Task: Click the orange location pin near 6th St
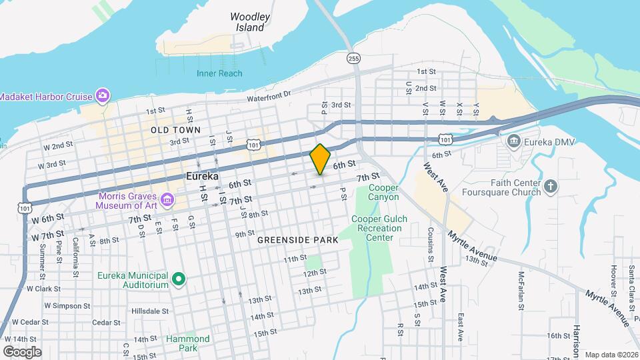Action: (x=321, y=159)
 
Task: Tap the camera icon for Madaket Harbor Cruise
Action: (x=102, y=96)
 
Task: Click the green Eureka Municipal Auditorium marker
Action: (x=178, y=279)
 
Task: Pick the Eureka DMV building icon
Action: (x=513, y=141)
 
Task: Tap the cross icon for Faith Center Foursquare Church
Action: (x=550, y=187)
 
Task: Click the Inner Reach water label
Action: (x=219, y=73)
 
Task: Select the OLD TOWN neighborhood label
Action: (x=176, y=129)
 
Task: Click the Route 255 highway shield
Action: (x=354, y=59)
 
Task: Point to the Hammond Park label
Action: (x=188, y=343)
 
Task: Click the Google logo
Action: (x=22, y=351)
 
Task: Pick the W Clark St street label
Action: (x=43, y=289)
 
